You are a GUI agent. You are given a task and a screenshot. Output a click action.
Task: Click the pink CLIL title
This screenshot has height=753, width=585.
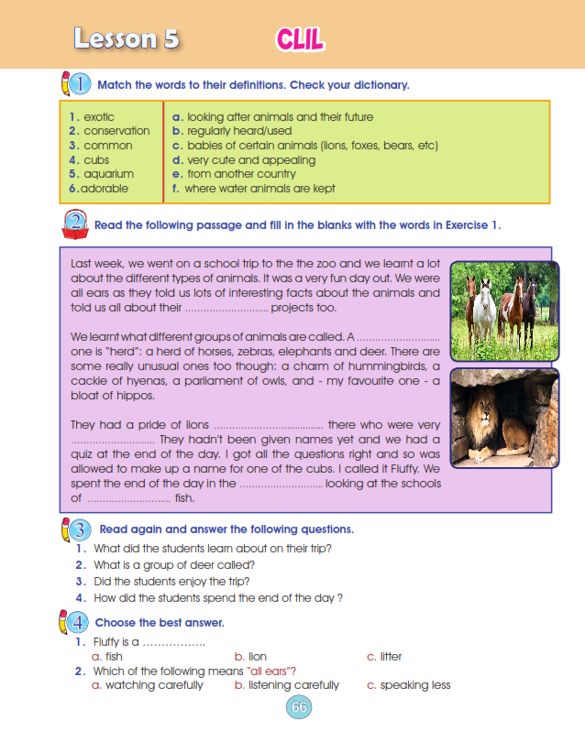(300, 39)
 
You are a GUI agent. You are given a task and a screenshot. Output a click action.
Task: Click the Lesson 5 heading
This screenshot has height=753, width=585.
(126, 38)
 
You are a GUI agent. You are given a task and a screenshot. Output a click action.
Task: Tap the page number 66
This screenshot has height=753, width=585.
(299, 707)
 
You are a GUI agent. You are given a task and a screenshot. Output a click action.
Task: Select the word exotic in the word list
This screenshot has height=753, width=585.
(99, 117)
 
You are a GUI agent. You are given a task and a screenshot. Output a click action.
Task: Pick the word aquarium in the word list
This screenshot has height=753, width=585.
(108, 174)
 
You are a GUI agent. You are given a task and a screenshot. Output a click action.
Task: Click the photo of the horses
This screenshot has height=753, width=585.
(504, 311)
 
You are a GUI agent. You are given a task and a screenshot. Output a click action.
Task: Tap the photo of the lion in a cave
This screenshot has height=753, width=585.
(504, 418)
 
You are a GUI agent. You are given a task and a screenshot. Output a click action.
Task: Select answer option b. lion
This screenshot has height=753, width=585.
(251, 656)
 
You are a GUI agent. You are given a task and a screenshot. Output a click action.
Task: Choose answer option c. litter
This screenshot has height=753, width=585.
(384, 656)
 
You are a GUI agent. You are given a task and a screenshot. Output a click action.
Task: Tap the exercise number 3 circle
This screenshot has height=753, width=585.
(79, 529)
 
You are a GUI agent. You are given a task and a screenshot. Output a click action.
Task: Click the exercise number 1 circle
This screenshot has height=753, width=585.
(79, 84)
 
